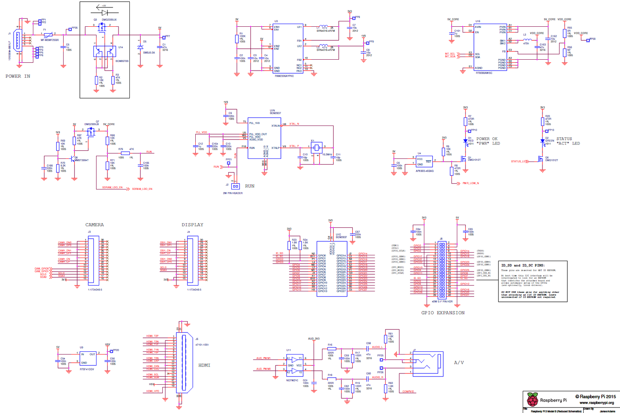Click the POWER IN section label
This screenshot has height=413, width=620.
click(x=17, y=76)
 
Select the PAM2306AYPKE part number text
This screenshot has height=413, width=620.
click(x=284, y=76)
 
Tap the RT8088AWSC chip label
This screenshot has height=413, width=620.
click(x=484, y=73)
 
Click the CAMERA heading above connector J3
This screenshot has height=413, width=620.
click(x=95, y=225)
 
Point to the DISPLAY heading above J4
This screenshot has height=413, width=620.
click(x=192, y=225)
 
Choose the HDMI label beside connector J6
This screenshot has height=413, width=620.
click(x=204, y=365)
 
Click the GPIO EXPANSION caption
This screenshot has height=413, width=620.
click(x=443, y=313)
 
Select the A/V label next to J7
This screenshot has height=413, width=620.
click(x=459, y=363)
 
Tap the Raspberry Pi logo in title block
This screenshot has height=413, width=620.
click(x=532, y=399)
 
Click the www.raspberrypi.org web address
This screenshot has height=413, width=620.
click(x=597, y=403)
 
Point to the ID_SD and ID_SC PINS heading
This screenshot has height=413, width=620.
click(x=523, y=265)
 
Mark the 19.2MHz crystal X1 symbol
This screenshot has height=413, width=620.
click(x=317, y=147)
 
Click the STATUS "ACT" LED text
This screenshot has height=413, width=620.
click(x=568, y=141)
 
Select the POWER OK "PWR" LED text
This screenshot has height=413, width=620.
click(x=487, y=141)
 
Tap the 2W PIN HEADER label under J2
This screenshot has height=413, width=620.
click(x=232, y=193)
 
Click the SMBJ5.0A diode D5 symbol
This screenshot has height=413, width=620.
click(x=140, y=47)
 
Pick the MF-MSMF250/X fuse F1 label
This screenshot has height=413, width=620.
click(x=50, y=40)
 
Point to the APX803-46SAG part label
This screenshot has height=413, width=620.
click(x=425, y=171)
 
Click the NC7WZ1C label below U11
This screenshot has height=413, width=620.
click(x=292, y=380)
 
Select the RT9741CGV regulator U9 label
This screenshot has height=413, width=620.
click(x=87, y=369)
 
